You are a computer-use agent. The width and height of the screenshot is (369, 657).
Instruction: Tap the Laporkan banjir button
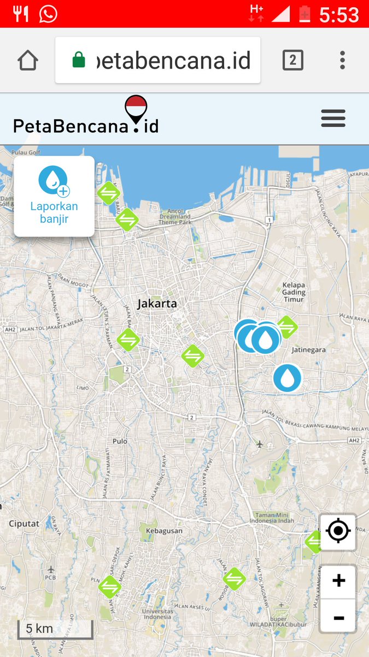54,196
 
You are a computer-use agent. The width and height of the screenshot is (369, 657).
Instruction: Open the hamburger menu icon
333,118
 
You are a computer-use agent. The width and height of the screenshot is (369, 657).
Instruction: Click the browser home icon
28,60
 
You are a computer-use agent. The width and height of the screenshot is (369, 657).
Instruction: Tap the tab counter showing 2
292,60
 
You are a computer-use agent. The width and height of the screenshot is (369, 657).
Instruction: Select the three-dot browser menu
342,60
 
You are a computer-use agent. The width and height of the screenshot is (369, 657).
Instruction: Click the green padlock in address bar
79,60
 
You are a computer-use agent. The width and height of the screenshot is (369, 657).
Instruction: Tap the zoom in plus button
338,581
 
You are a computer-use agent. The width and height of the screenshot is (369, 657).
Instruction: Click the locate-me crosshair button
338,531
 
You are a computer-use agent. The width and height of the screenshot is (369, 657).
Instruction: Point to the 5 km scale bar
55,630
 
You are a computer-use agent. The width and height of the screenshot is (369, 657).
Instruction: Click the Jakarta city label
157,303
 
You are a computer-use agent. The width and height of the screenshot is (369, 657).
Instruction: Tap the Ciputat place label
24,523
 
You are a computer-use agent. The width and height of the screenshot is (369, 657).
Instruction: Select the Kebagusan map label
160,531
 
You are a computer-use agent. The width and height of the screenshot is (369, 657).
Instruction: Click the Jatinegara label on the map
309,349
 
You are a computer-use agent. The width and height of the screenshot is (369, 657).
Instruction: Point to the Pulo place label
120,441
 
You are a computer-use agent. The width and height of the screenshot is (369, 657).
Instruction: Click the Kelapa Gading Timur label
294,292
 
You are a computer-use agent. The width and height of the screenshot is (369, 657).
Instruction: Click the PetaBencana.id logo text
86,125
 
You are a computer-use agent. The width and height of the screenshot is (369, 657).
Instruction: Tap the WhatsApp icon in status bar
48,14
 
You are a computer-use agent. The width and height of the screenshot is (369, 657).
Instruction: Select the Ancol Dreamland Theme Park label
175,216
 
